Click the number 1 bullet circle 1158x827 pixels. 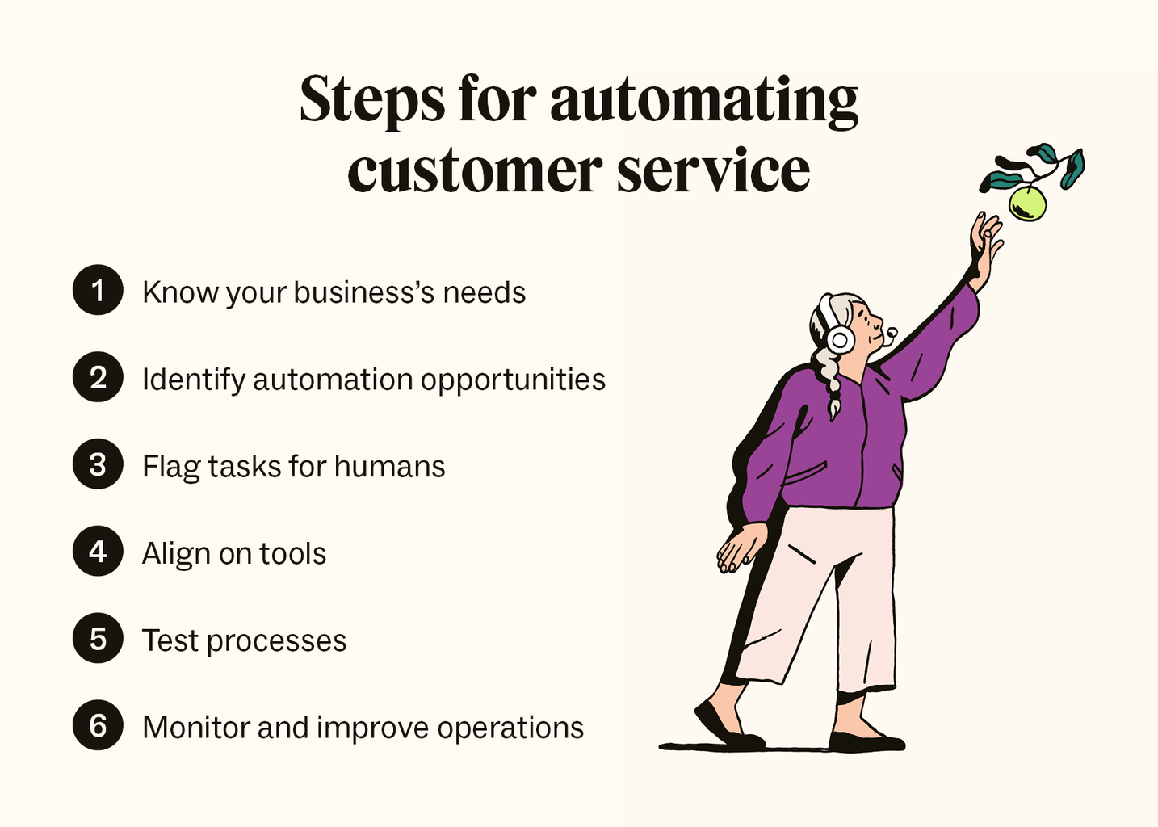click(x=98, y=290)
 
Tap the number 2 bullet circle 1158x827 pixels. click(x=98, y=377)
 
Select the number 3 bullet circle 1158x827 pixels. click(x=98, y=464)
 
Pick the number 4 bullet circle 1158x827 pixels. click(x=98, y=552)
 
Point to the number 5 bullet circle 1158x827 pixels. click(x=98, y=639)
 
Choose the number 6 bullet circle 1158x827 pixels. click(x=98, y=726)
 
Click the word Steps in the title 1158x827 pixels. click(x=371, y=100)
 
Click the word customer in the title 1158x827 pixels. click(x=475, y=171)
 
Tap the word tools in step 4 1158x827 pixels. click(x=292, y=554)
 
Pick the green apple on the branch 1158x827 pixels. click(x=1028, y=204)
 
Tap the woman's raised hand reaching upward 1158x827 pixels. click(x=986, y=242)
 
